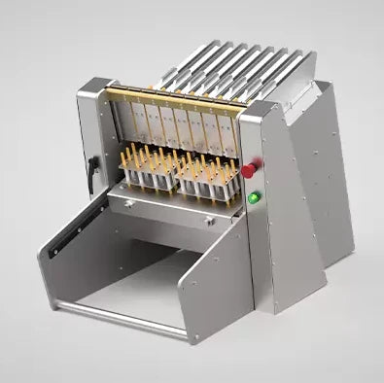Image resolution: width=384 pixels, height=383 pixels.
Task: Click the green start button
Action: (x=253, y=198)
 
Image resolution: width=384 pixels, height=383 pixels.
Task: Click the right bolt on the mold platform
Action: (x=208, y=221)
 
